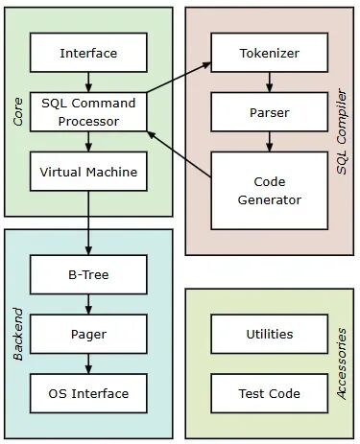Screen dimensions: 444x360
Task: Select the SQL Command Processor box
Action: [87, 112]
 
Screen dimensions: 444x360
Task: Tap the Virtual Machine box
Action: [87, 174]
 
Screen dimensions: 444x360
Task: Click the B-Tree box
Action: [87, 274]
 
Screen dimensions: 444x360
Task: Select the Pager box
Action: [87, 335]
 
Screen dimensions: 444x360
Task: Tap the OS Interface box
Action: [87, 393]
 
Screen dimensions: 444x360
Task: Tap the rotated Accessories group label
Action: [342, 363]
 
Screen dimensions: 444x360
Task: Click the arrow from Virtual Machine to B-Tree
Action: [87, 224]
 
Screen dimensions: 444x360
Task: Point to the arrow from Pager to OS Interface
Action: [87, 363]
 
